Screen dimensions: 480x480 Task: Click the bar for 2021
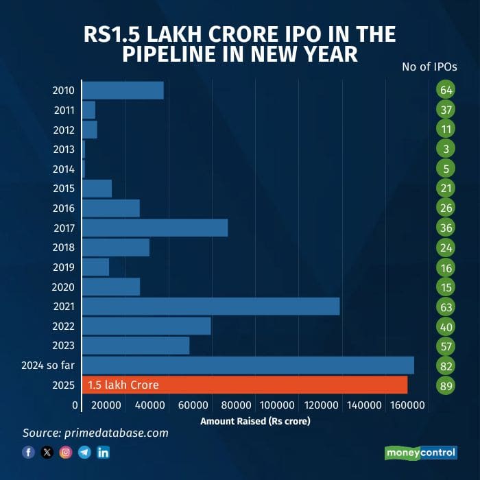pos(211,306)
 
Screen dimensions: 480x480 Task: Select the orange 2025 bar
pos(244,385)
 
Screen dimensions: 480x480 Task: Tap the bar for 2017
pos(155,228)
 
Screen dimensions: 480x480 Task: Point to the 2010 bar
pos(123,90)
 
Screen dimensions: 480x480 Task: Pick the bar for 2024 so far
pos(248,365)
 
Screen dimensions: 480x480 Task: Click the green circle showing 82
pos(446,365)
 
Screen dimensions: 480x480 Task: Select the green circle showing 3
pos(446,149)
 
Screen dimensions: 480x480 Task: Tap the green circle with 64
pos(446,90)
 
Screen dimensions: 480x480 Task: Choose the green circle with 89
pos(446,385)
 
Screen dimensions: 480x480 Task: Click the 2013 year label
pos(64,149)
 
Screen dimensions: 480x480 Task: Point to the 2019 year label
pos(64,267)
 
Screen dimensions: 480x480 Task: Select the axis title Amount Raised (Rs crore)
pos(255,420)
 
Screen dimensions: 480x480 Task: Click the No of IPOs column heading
pos(429,67)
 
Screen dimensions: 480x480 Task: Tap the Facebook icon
pos(28,452)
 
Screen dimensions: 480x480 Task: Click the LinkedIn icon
pos(104,452)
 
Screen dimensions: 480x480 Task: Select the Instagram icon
pos(66,452)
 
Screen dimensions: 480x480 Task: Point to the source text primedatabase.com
pos(95,433)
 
